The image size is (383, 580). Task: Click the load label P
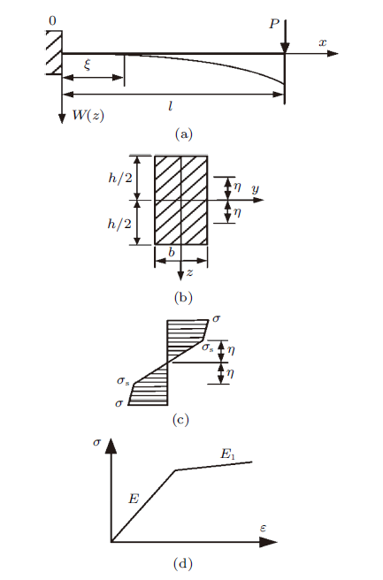[x=274, y=24]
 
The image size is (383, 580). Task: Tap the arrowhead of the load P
[x=285, y=48]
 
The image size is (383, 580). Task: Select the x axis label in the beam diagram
[x=323, y=42]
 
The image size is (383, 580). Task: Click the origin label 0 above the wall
[x=52, y=21]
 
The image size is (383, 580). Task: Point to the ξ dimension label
[x=87, y=65]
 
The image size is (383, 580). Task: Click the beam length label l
[x=170, y=106]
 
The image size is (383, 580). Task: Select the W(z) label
[x=88, y=116]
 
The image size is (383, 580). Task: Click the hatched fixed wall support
[x=54, y=52]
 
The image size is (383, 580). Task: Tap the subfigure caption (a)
[x=184, y=134]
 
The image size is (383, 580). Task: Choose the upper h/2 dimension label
[x=120, y=178]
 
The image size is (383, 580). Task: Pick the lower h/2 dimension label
[x=119, y=224]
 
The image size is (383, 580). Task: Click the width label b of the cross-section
[x=172, y=252]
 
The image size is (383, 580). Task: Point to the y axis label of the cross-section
[x=256, y=189]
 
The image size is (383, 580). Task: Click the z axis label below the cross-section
[x=189, y=272]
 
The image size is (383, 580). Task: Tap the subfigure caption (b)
[x=183, y=298]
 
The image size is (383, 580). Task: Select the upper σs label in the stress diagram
[x=207, y=347]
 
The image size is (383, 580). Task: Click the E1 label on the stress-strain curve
[x=228, y=454]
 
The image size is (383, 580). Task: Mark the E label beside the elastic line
[x=134, y=499]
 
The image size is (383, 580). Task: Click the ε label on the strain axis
[x=263, y=528]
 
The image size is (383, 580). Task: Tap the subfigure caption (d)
[x=183, y=564]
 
